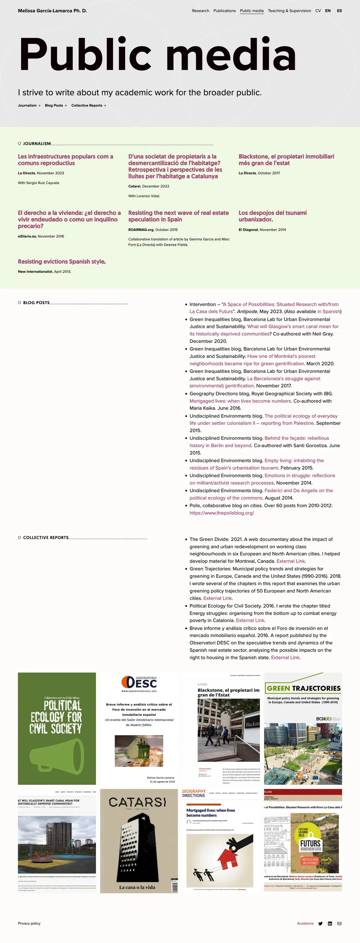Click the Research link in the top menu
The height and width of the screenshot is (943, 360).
[x=200, y=10]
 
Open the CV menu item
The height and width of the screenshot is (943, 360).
[x=318, y=10]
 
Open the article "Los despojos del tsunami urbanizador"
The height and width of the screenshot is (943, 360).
[x=272, y=216]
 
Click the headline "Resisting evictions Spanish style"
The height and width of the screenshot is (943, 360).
[x=61, y=261]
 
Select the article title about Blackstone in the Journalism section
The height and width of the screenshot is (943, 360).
[x=286, y=159]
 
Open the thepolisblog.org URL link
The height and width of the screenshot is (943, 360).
[x=222, y=513]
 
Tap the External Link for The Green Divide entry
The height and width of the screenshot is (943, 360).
[x=290, y=561]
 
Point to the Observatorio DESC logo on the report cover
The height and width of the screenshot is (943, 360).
[x=139, y=683]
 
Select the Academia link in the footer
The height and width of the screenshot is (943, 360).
[x=305, y=923]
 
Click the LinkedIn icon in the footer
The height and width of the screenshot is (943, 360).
[x=330, y=924]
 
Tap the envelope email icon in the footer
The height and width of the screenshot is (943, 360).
[x=340, y=924]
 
